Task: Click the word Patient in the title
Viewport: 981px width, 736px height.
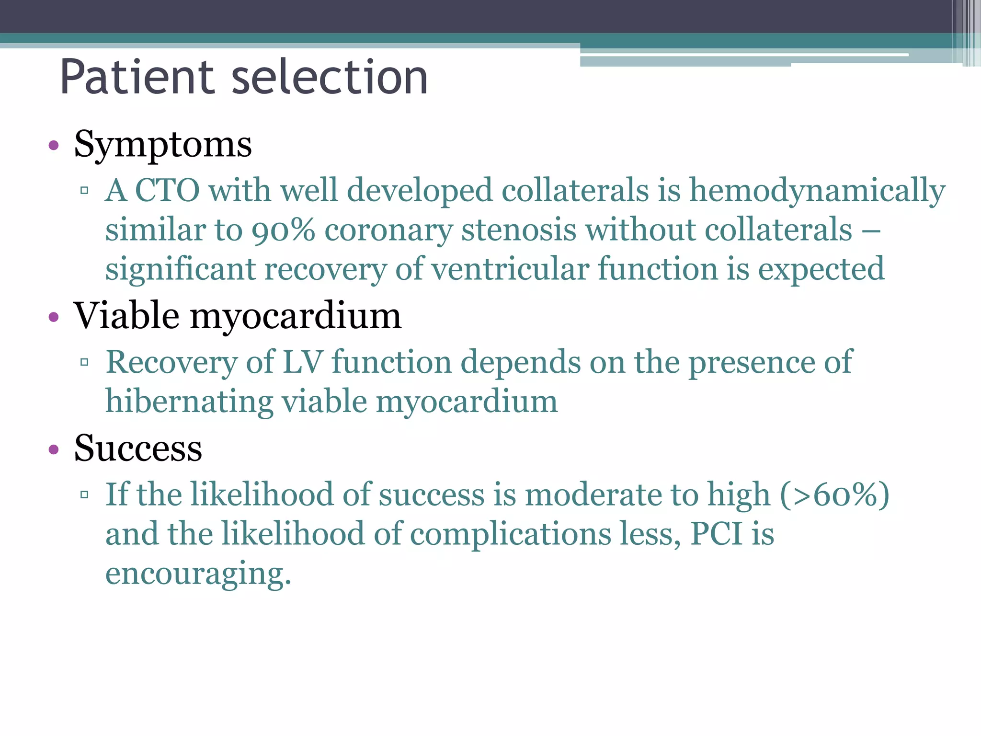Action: coord(137,78)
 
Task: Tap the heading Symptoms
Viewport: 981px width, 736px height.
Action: coord(163,145)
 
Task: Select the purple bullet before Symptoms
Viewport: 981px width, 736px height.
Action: coord(54,146)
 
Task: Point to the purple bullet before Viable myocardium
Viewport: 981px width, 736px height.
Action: coord(54,317)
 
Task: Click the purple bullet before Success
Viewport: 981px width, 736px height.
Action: coord(54,449)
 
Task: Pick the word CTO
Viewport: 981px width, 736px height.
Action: coord(167,191)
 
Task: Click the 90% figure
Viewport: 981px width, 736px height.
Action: coord(284,230)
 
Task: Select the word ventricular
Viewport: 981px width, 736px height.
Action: coord(511,269)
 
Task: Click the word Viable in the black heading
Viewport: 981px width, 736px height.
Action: coord(126,316)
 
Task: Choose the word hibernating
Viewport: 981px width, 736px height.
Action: coord(189,402)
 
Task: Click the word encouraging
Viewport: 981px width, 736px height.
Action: coord(198,574)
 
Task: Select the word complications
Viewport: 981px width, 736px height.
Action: coord(511,535)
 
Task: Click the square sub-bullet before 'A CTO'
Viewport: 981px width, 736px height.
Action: coord(85,191)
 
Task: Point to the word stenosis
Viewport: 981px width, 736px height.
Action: coord(518,230)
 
